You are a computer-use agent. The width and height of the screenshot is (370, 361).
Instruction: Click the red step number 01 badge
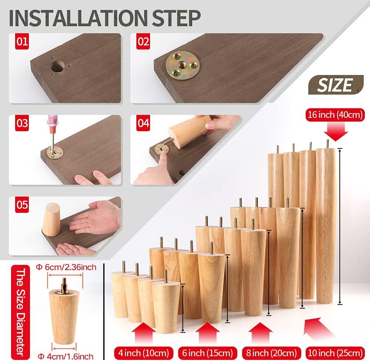pos(22,41)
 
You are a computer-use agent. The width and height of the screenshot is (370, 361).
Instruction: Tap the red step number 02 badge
pos(143,41)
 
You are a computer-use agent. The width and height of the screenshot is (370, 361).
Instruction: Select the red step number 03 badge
pos(22,123)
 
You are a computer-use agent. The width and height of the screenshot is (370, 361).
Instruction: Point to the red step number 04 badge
pos(143,123)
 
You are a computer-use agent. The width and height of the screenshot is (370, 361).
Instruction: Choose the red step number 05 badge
pos(22,205)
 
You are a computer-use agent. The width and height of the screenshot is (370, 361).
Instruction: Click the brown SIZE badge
pos(336,85)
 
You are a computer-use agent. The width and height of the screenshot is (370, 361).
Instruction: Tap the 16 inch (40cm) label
pos(335,115)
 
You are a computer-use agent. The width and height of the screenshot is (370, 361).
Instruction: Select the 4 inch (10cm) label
pos(144,353)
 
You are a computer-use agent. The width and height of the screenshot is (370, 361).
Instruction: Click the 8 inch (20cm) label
pos(272,353)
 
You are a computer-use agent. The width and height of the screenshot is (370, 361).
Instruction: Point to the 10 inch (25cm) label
pos(335,353)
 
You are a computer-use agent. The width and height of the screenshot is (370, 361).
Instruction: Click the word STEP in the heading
pos(176,18)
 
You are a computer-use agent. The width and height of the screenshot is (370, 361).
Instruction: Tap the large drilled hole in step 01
pos(57,67)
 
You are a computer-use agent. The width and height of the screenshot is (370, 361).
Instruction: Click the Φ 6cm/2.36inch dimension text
pos(66,267)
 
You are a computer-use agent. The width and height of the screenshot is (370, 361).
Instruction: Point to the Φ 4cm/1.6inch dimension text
pos(65,356)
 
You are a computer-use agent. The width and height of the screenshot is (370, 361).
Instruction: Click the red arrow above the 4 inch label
pos(143,333)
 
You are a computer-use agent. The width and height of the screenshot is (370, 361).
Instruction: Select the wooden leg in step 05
pos(52,220)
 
